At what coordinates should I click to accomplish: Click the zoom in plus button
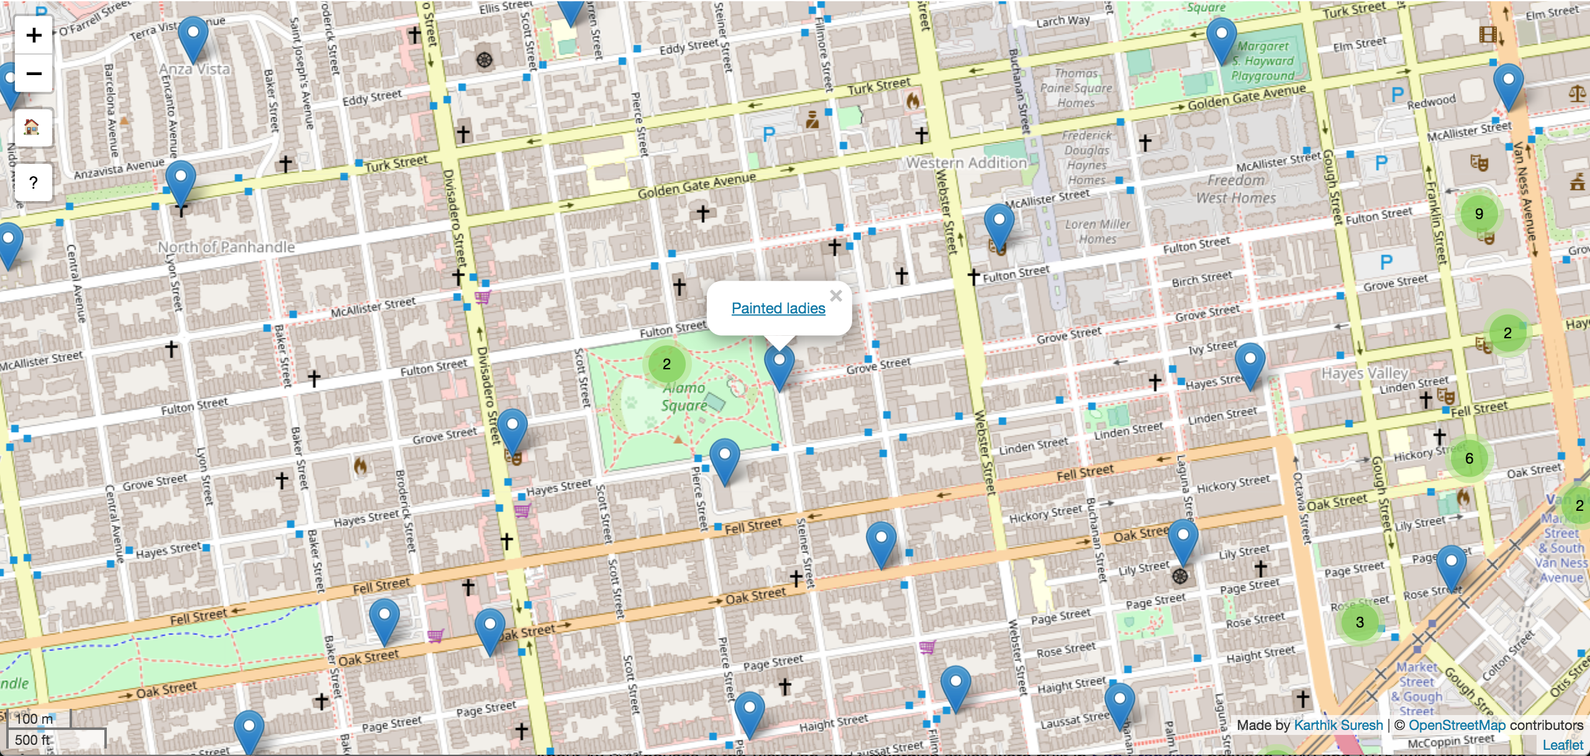coord(34,35)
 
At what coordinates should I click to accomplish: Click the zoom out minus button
coord(34,74)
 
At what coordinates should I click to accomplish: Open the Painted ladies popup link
coord(778,308)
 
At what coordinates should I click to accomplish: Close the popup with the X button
coord(836,296)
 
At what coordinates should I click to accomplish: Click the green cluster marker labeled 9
coord(1479,214)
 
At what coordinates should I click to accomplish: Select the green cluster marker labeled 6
coord(1469,459)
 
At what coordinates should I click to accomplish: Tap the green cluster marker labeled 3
coord(1360,623)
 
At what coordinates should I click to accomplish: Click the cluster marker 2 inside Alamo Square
coord(666,364)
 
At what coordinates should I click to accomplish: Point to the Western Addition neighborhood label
coord(966,163)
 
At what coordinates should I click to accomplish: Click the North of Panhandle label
coord(226,248)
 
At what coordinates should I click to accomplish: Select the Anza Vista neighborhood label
coord(194,70)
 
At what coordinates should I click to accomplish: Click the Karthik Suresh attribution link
coord(1338,725)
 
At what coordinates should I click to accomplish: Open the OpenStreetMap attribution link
coord(1456,725)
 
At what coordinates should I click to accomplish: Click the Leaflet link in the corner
coord(1563,745)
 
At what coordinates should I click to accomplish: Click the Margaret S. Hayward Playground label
coord(1263,61)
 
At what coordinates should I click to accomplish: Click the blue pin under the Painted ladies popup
coord(779,366)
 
